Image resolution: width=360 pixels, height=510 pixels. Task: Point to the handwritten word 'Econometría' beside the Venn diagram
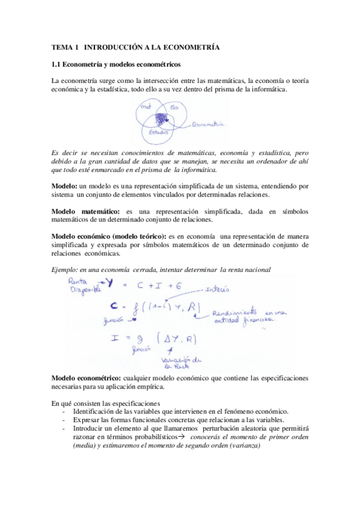(x=207, y=124)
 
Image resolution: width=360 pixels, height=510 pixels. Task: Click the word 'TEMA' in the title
(x=61, y=46)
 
